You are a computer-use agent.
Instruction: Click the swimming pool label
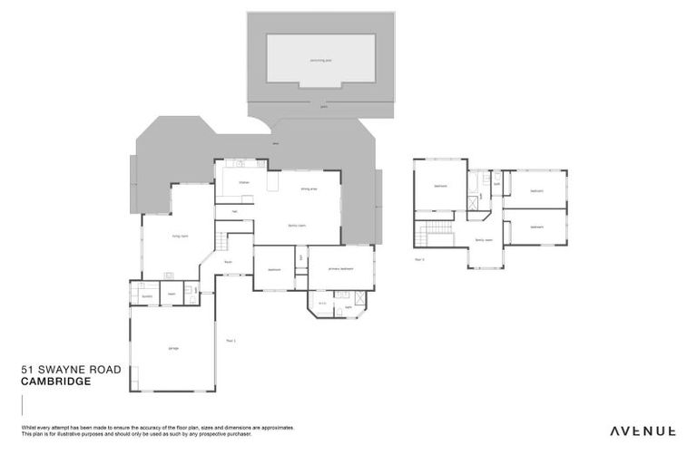click(x=321, y=60)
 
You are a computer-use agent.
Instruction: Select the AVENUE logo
click(x=642, y=430)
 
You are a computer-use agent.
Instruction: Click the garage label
click(x=172, y=348)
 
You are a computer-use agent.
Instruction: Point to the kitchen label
click(x=243, y=182)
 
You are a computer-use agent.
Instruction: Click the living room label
click(x=180, y=236)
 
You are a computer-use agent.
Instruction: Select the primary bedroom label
click(x=340, y=268)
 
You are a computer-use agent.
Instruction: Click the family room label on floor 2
click(x=483, y=240)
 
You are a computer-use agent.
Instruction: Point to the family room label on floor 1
click(x=296, y=225)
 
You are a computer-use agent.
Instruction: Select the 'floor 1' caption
click(x=231, y=341)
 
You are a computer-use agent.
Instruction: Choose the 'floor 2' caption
click(x=419, y=259)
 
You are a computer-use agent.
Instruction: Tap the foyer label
click(x=228, y=262)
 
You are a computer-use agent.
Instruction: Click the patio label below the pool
click(x=324, y=106)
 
